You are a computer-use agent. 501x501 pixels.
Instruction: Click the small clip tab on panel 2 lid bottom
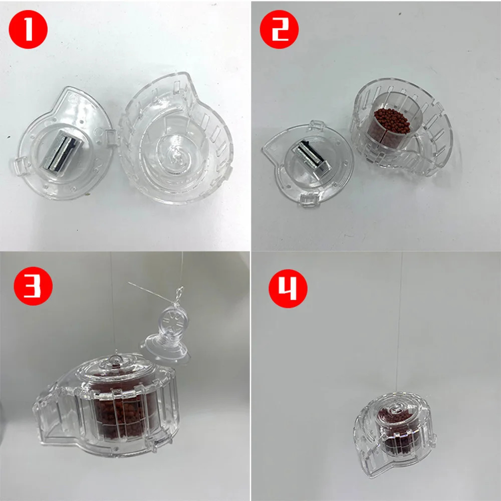tap(307, 201)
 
